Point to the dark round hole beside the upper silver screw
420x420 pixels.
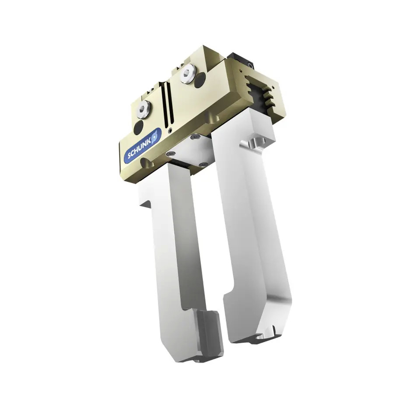[200, 80]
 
